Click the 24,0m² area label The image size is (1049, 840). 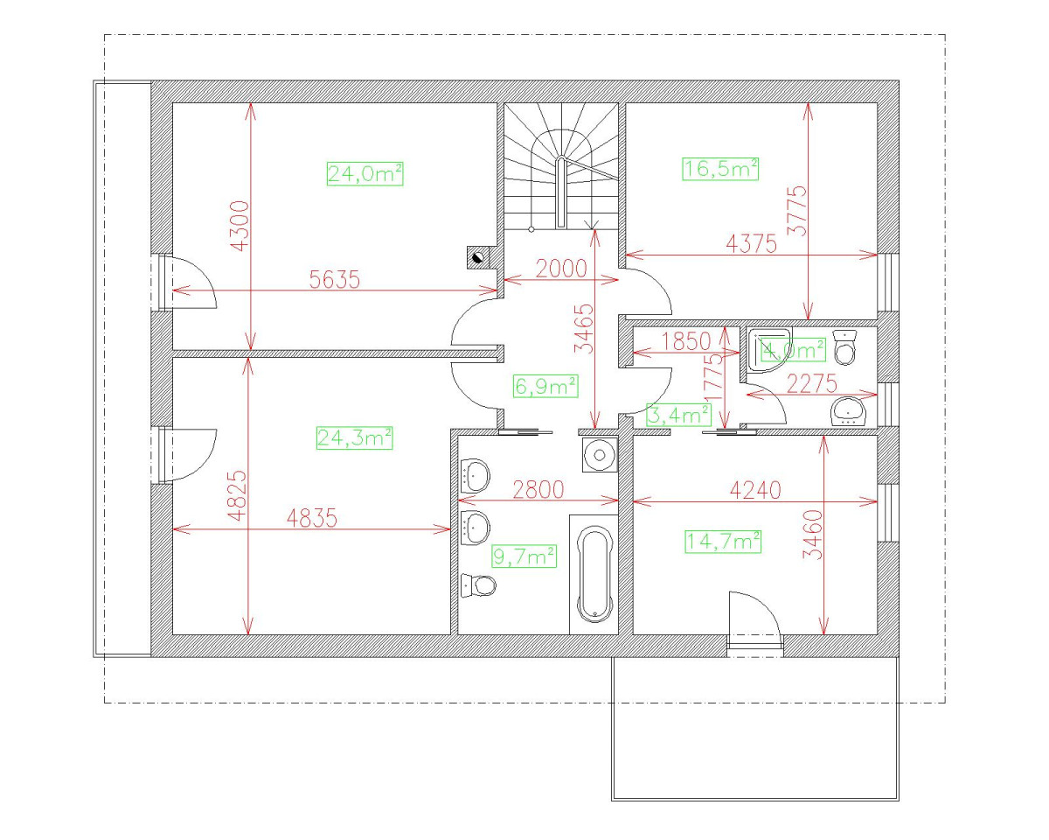[x=365, y=174]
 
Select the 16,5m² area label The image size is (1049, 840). [x=720, y=169]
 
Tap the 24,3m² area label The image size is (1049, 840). [x=354, y=437]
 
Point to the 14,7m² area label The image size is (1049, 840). [x=723, y=542]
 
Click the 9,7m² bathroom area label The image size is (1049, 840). [x=524, y=556]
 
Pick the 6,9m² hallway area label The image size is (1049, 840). [x=546, y=386]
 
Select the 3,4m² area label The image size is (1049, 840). [x=678, y=415]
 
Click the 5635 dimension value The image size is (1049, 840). [x=335, y=280]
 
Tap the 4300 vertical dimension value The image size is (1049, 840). [x=240, y=226]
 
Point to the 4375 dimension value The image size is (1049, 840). [x=751, y=243]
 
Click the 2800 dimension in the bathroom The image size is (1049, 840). [x=538, y=489]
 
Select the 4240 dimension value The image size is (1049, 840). [x=755, y=490]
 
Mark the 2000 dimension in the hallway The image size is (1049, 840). [x=561, y=269]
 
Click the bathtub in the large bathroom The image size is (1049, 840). [x=594, y=574]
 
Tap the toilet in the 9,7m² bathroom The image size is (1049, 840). [x=478, y=584]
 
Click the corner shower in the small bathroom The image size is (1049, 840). [x=768, y=349]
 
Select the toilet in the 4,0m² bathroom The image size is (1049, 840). [x=844, y=347]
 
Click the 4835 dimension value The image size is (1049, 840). [x=311, y=518]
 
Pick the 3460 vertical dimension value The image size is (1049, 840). [x=813, y=535]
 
